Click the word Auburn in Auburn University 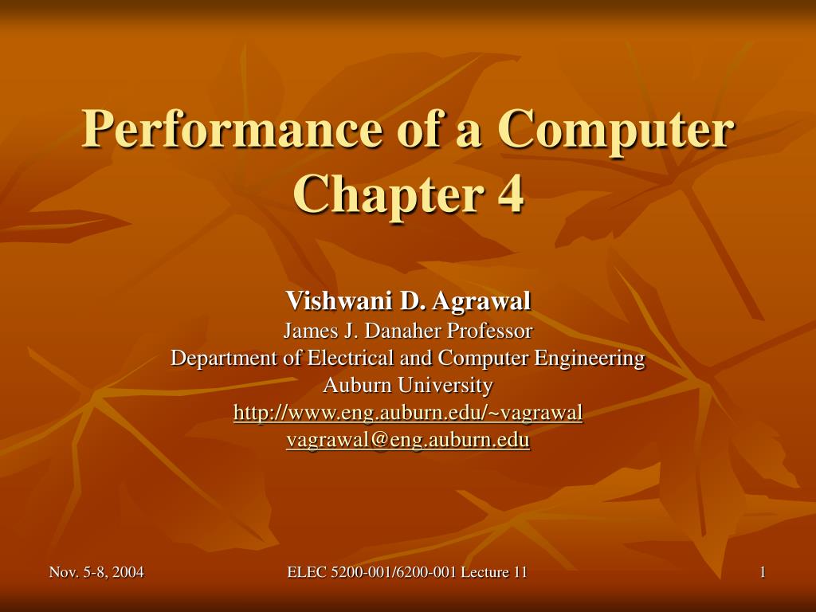pyautogui.click(x=358, y=386)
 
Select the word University pyautogui.click(x=445, y=386)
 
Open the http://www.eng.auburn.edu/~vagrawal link pyautogui.click(x=408, y=414)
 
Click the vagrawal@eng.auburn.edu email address pyautogui.click(x=408, y=440)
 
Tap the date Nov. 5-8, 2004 pyautogui.click(x=96, y=572)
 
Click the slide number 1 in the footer pyautogui.click(x=763, y=572)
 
